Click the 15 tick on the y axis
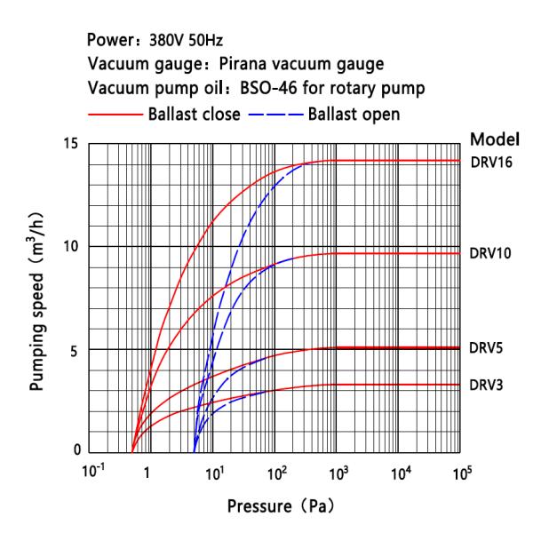pyautogui.click(x=72, y=144)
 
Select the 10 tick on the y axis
pyautogui.click(x=72, y=246)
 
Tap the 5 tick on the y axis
pyautogui.click(x=76, y=349)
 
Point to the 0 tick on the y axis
pyautogui.click(x=76, y=451)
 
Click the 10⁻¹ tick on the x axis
pyautogui.click(x=87, y=473)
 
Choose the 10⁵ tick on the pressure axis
pyautogui.click(x=461, y=473)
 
